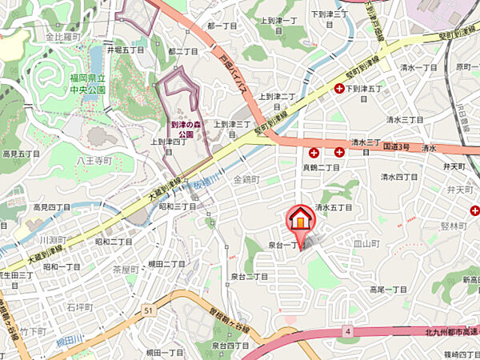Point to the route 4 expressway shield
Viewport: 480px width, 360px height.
pyautogui.click(x=349, y=330)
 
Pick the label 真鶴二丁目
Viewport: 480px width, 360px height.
pyautogui.click(x=321, y=167)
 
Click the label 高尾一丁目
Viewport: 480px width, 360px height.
pyautogui.click(x=389, y=290)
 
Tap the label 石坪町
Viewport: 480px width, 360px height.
pyautogui.click(x=80, y=306)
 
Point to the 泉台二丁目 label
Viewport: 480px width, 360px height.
pyautogui.click(x=249, y=276)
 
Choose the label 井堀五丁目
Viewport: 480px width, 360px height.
pyautogui.click(x=126, y=50)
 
